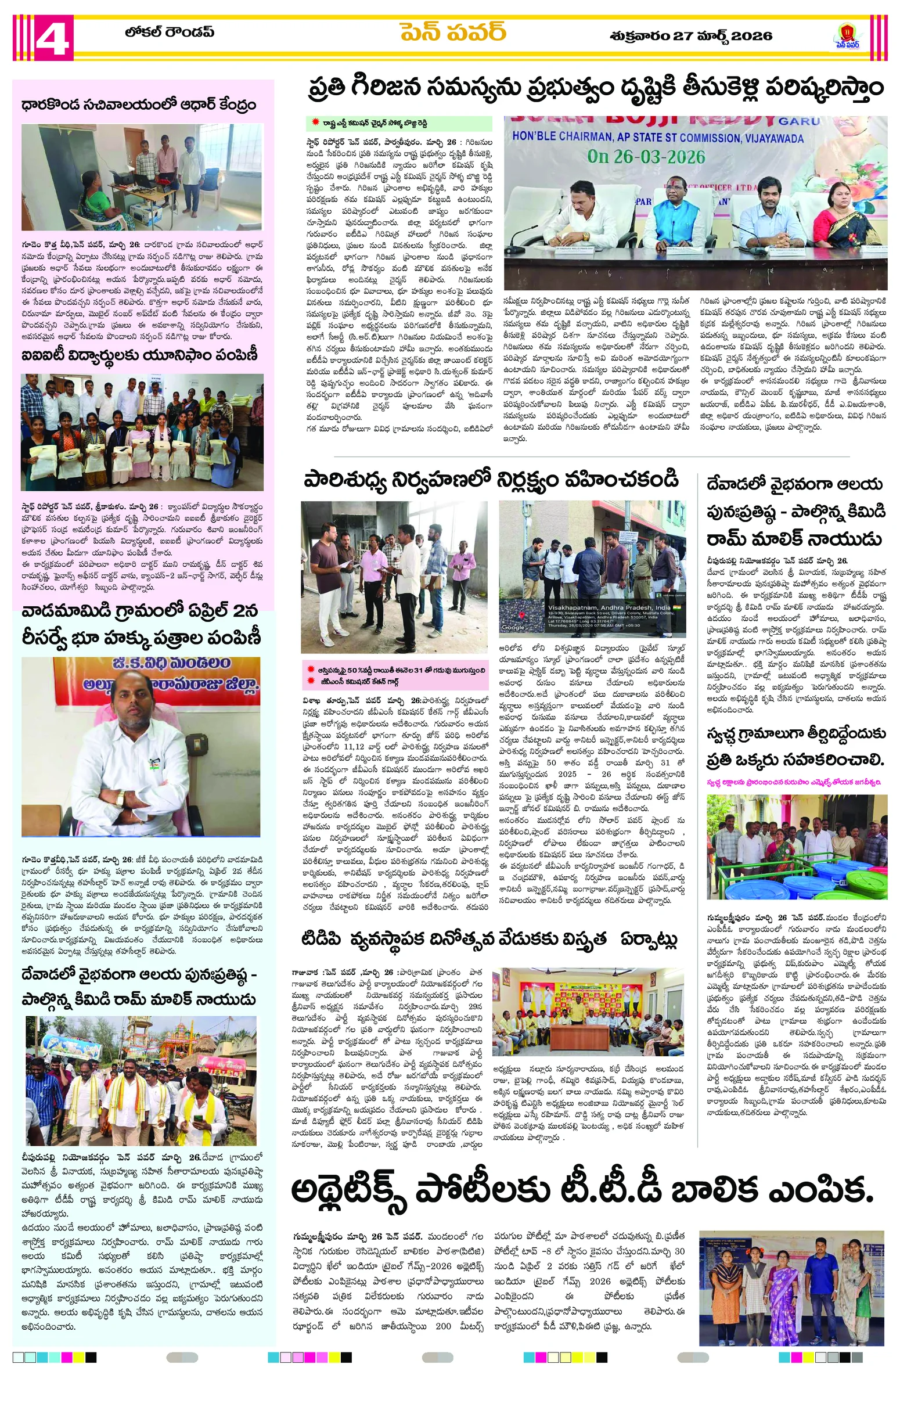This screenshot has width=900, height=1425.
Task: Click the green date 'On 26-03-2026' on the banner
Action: (646, 157)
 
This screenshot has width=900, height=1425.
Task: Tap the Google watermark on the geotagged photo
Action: (513, 627)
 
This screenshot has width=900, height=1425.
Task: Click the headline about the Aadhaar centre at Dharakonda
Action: (139, 105)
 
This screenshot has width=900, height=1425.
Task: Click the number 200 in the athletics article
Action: (443, 1326)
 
